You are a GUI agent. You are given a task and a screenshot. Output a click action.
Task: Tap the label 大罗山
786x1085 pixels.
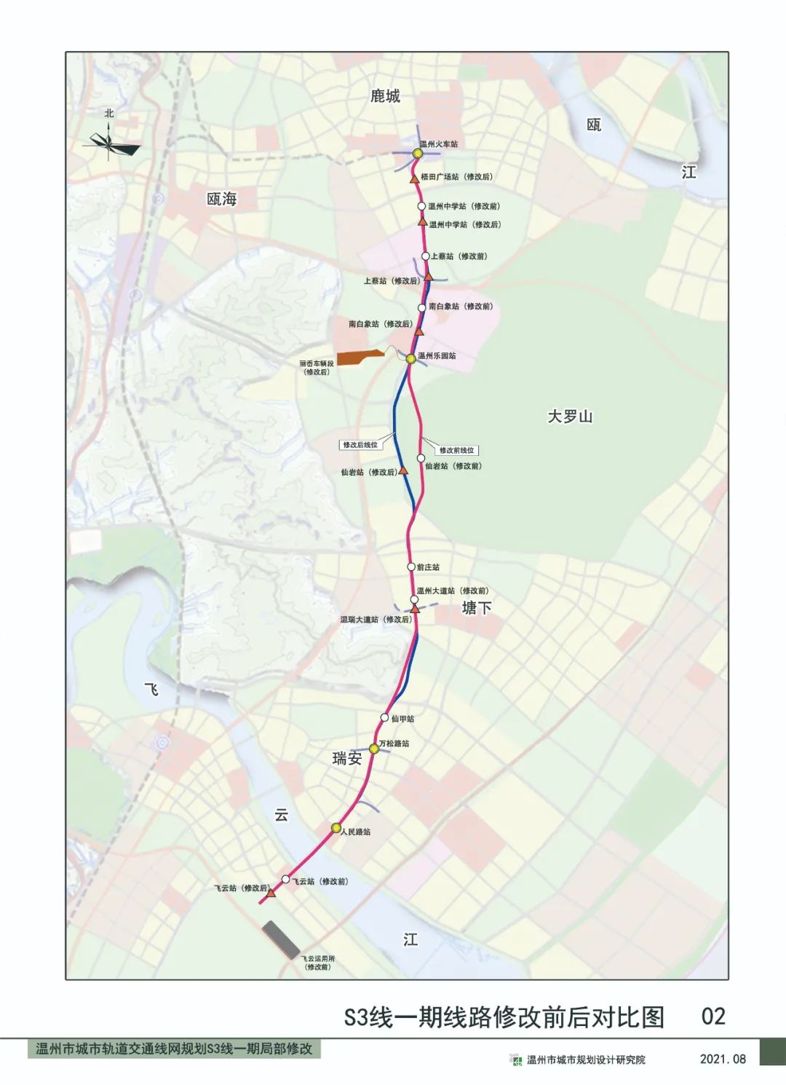click(x=570, y=417)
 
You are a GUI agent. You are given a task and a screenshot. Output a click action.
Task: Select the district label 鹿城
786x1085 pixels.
click(x=385, y=96)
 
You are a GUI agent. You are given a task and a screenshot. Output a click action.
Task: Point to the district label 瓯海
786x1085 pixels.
click(x=221, y=199)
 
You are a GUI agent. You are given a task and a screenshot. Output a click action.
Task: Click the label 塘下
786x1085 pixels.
click(x=477, y=607)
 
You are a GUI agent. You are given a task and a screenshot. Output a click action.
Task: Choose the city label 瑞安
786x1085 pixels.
click(x=347, y=758)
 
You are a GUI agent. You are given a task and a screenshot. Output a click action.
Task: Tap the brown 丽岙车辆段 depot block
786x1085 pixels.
click(x=360, y=358)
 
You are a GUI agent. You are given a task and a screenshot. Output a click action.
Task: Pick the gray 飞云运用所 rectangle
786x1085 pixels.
click(x=281, y=939)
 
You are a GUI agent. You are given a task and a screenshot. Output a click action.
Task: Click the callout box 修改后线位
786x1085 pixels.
click(x=360, y=444)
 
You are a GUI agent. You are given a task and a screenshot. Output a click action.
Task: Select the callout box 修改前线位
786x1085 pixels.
click(x=456, y=450)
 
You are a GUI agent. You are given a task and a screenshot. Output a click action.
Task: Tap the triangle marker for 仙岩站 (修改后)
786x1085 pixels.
click(x=404, y=470)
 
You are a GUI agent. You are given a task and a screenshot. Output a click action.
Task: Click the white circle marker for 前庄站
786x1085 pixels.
click(x=411, y=567)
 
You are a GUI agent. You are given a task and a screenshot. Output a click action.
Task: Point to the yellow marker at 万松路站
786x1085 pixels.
click(x=374, y=749)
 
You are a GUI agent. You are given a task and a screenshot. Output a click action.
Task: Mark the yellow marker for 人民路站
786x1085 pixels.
click(x=336, y=828)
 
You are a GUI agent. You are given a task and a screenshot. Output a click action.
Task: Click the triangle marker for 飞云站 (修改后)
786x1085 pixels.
click(x=270, y=892)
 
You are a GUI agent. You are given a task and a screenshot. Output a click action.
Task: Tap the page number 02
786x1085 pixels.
click(x=712, y=1017)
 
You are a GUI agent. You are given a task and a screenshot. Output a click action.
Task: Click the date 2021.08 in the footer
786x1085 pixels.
click(x=723, y=1059)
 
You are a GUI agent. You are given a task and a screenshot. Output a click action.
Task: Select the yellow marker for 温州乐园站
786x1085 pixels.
click(x=411, y=358)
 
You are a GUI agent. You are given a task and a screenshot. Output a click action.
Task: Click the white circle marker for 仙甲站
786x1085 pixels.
click(x=385, y=718)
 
